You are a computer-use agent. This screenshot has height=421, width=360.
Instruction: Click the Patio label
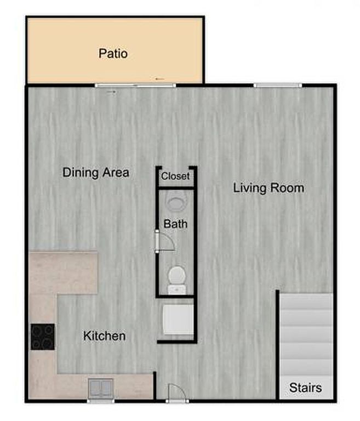click(113, 53)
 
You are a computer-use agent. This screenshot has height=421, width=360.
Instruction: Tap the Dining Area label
click(96, 172)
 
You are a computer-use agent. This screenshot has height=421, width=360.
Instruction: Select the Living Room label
click(268, 187)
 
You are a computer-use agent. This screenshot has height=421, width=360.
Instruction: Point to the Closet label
click(175, 176)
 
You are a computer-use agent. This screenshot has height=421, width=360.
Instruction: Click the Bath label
click(175, 224)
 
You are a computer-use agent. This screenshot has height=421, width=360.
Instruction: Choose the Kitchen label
click(105, 336)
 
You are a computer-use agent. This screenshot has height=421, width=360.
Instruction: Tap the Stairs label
click(306, 388)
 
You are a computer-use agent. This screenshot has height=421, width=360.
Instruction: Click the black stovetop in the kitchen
click(43, 337)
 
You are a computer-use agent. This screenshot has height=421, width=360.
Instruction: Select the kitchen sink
click(101, 388)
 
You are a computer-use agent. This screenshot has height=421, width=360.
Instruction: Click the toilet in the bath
click(177, 279)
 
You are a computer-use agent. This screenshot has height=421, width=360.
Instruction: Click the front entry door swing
click(177, 392)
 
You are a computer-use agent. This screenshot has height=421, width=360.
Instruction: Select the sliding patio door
click(135, 86)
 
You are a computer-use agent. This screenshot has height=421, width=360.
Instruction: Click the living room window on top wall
click(278, 86)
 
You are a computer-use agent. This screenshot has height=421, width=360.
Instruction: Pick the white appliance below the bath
click(178, 320)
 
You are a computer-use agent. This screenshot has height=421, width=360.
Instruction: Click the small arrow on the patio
click(160, 79)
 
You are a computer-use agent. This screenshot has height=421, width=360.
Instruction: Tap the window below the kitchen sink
click(101, 401)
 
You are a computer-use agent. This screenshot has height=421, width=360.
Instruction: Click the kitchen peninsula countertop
click(63, 273)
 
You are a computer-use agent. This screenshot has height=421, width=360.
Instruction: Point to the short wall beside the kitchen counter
click(155, 385)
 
